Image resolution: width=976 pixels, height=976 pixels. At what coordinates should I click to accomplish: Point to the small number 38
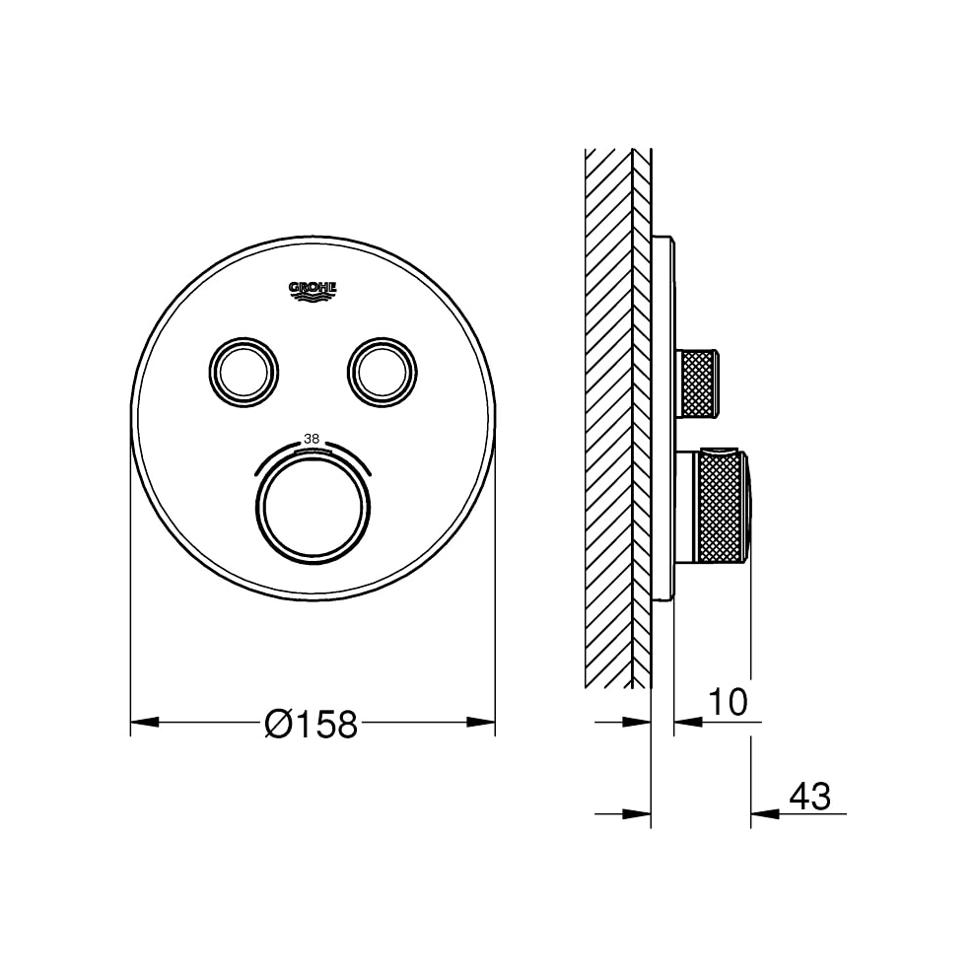click(313, 439)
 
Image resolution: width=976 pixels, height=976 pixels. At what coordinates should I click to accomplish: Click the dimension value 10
click(728, 702)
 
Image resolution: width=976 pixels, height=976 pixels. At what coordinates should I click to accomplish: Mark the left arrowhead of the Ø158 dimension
click(144, 723)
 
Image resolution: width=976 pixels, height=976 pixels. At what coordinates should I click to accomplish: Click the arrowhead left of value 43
click(765, 813)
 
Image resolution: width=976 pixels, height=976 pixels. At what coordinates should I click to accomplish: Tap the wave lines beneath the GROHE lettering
click(313, 295)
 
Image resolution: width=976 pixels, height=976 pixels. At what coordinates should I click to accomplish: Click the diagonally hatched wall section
click(607, 414)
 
